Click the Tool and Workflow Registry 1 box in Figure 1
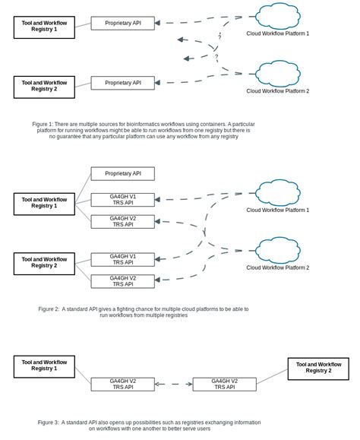point(44,27)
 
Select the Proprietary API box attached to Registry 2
point(122,83)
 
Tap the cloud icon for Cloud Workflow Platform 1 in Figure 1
point(278,16)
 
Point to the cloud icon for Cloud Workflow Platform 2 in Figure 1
point(278,74)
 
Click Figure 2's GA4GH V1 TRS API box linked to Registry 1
point(122,200)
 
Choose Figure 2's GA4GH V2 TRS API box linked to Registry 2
point(122,281)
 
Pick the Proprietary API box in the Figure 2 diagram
point(122,173)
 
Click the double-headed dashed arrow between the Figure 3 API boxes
point(173,385)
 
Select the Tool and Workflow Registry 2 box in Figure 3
point(318,369)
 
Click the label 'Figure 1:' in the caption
point(43,124)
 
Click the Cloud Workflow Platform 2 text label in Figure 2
point(277,267)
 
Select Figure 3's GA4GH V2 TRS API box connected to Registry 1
point(122,385)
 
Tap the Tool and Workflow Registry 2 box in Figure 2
point(44,264)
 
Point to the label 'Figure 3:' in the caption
point(49,423)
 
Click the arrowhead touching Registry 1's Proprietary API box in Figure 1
point(157,23)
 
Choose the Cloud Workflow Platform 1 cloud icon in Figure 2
point(278,193)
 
